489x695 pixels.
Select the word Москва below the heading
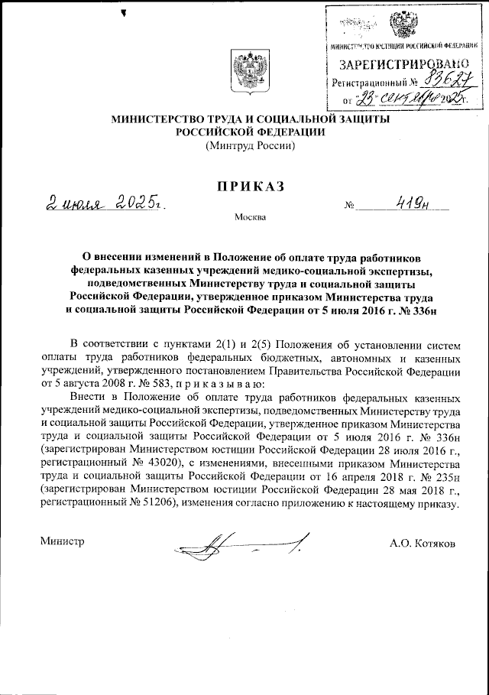click(x=251, y=219)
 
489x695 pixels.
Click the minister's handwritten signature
click(x=244, y=545)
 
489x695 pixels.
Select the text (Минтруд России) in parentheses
click(x=250, y=146)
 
